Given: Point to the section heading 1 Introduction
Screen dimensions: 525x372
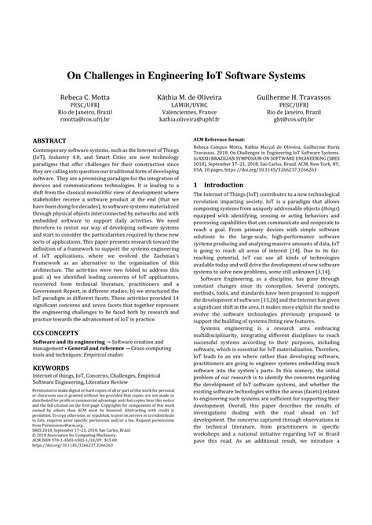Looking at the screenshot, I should pos(218,208).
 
